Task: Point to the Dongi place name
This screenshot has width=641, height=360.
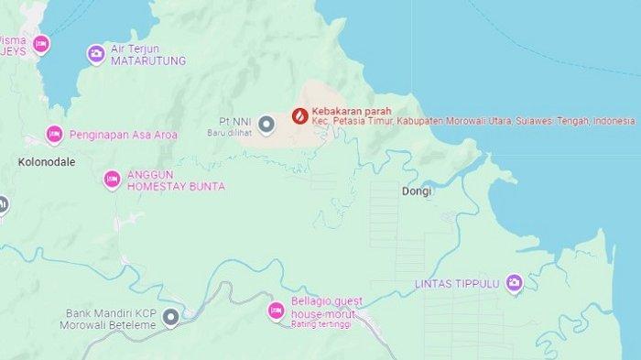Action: (416, 192)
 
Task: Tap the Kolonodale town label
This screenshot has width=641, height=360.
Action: (46, 161)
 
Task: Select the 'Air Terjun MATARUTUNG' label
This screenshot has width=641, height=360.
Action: (148, 55)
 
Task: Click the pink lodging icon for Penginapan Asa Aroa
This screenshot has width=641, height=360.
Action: (54, 135)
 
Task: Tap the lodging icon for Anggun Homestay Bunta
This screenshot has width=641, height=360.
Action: (112, 180)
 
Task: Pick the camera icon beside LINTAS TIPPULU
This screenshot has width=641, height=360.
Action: (514, 283)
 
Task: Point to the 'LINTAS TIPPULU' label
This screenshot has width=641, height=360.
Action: (457, 283)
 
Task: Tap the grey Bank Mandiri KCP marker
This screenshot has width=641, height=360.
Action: (170, 318)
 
